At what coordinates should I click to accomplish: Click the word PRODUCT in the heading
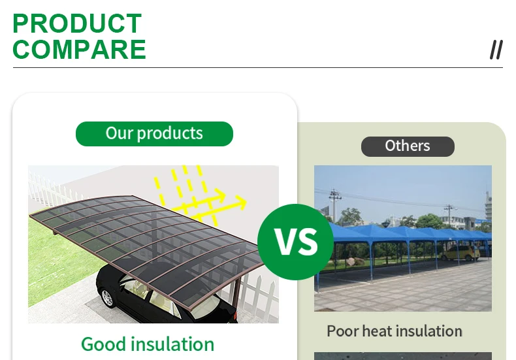point(77,24)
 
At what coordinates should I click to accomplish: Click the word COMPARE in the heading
point(79,50)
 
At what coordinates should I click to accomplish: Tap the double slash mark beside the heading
point(496,50)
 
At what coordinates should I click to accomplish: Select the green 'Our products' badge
point(154,134)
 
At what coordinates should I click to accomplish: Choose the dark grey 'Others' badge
point(408,146)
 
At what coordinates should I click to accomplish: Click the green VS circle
point(295,242)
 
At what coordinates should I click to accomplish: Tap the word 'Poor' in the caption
point(342,331)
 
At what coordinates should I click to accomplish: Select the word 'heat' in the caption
point(378,331)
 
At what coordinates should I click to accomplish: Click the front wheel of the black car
point(107,297)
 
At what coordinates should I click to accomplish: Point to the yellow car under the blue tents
point(460,253)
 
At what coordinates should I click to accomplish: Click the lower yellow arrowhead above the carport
point(240,203)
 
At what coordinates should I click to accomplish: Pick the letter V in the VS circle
point(285,242)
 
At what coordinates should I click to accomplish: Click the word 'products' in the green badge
point(170,133)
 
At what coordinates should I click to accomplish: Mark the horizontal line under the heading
point(258,67)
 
